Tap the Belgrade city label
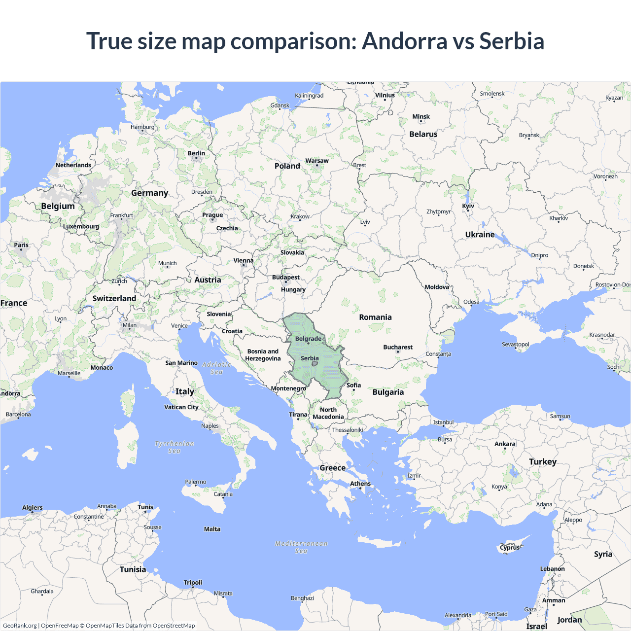click(308, 339)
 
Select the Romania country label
click(375, 317)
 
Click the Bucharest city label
click(398, 347)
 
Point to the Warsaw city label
click(316, 161)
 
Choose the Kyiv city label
click(468, 206)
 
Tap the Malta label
click(212, 529)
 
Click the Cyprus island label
click(509, 547)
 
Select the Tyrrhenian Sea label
click(175, 447)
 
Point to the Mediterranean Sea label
click(301, 547)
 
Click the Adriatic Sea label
click(216, 368)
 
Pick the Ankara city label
click(505, 444)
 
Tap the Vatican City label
click(181, 407)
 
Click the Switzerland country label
click(114, 298)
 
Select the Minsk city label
click(421, 117)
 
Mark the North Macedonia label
click(328, 413)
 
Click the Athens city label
click(360, 484)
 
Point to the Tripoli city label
click(193, 583)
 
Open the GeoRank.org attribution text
click(20, 626)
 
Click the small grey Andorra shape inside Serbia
click(315, 364)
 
